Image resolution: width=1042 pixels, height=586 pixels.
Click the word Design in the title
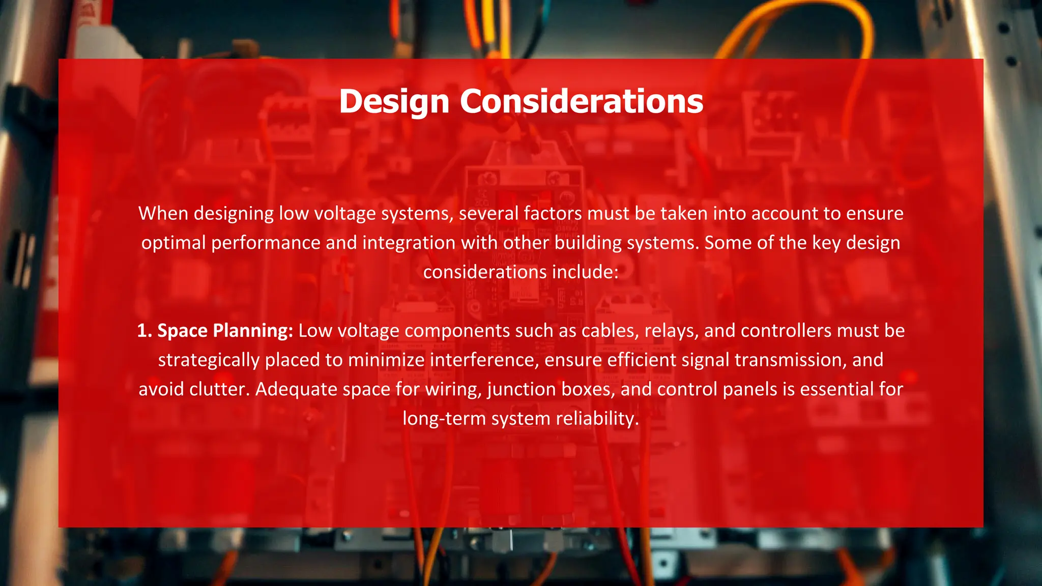(394, 102)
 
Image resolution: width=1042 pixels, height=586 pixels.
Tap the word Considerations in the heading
(582, 102)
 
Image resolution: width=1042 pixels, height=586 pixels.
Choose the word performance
(266, 243)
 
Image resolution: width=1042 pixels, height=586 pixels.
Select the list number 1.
(144, 331)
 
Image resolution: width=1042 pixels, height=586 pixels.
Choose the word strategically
(209, 361)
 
